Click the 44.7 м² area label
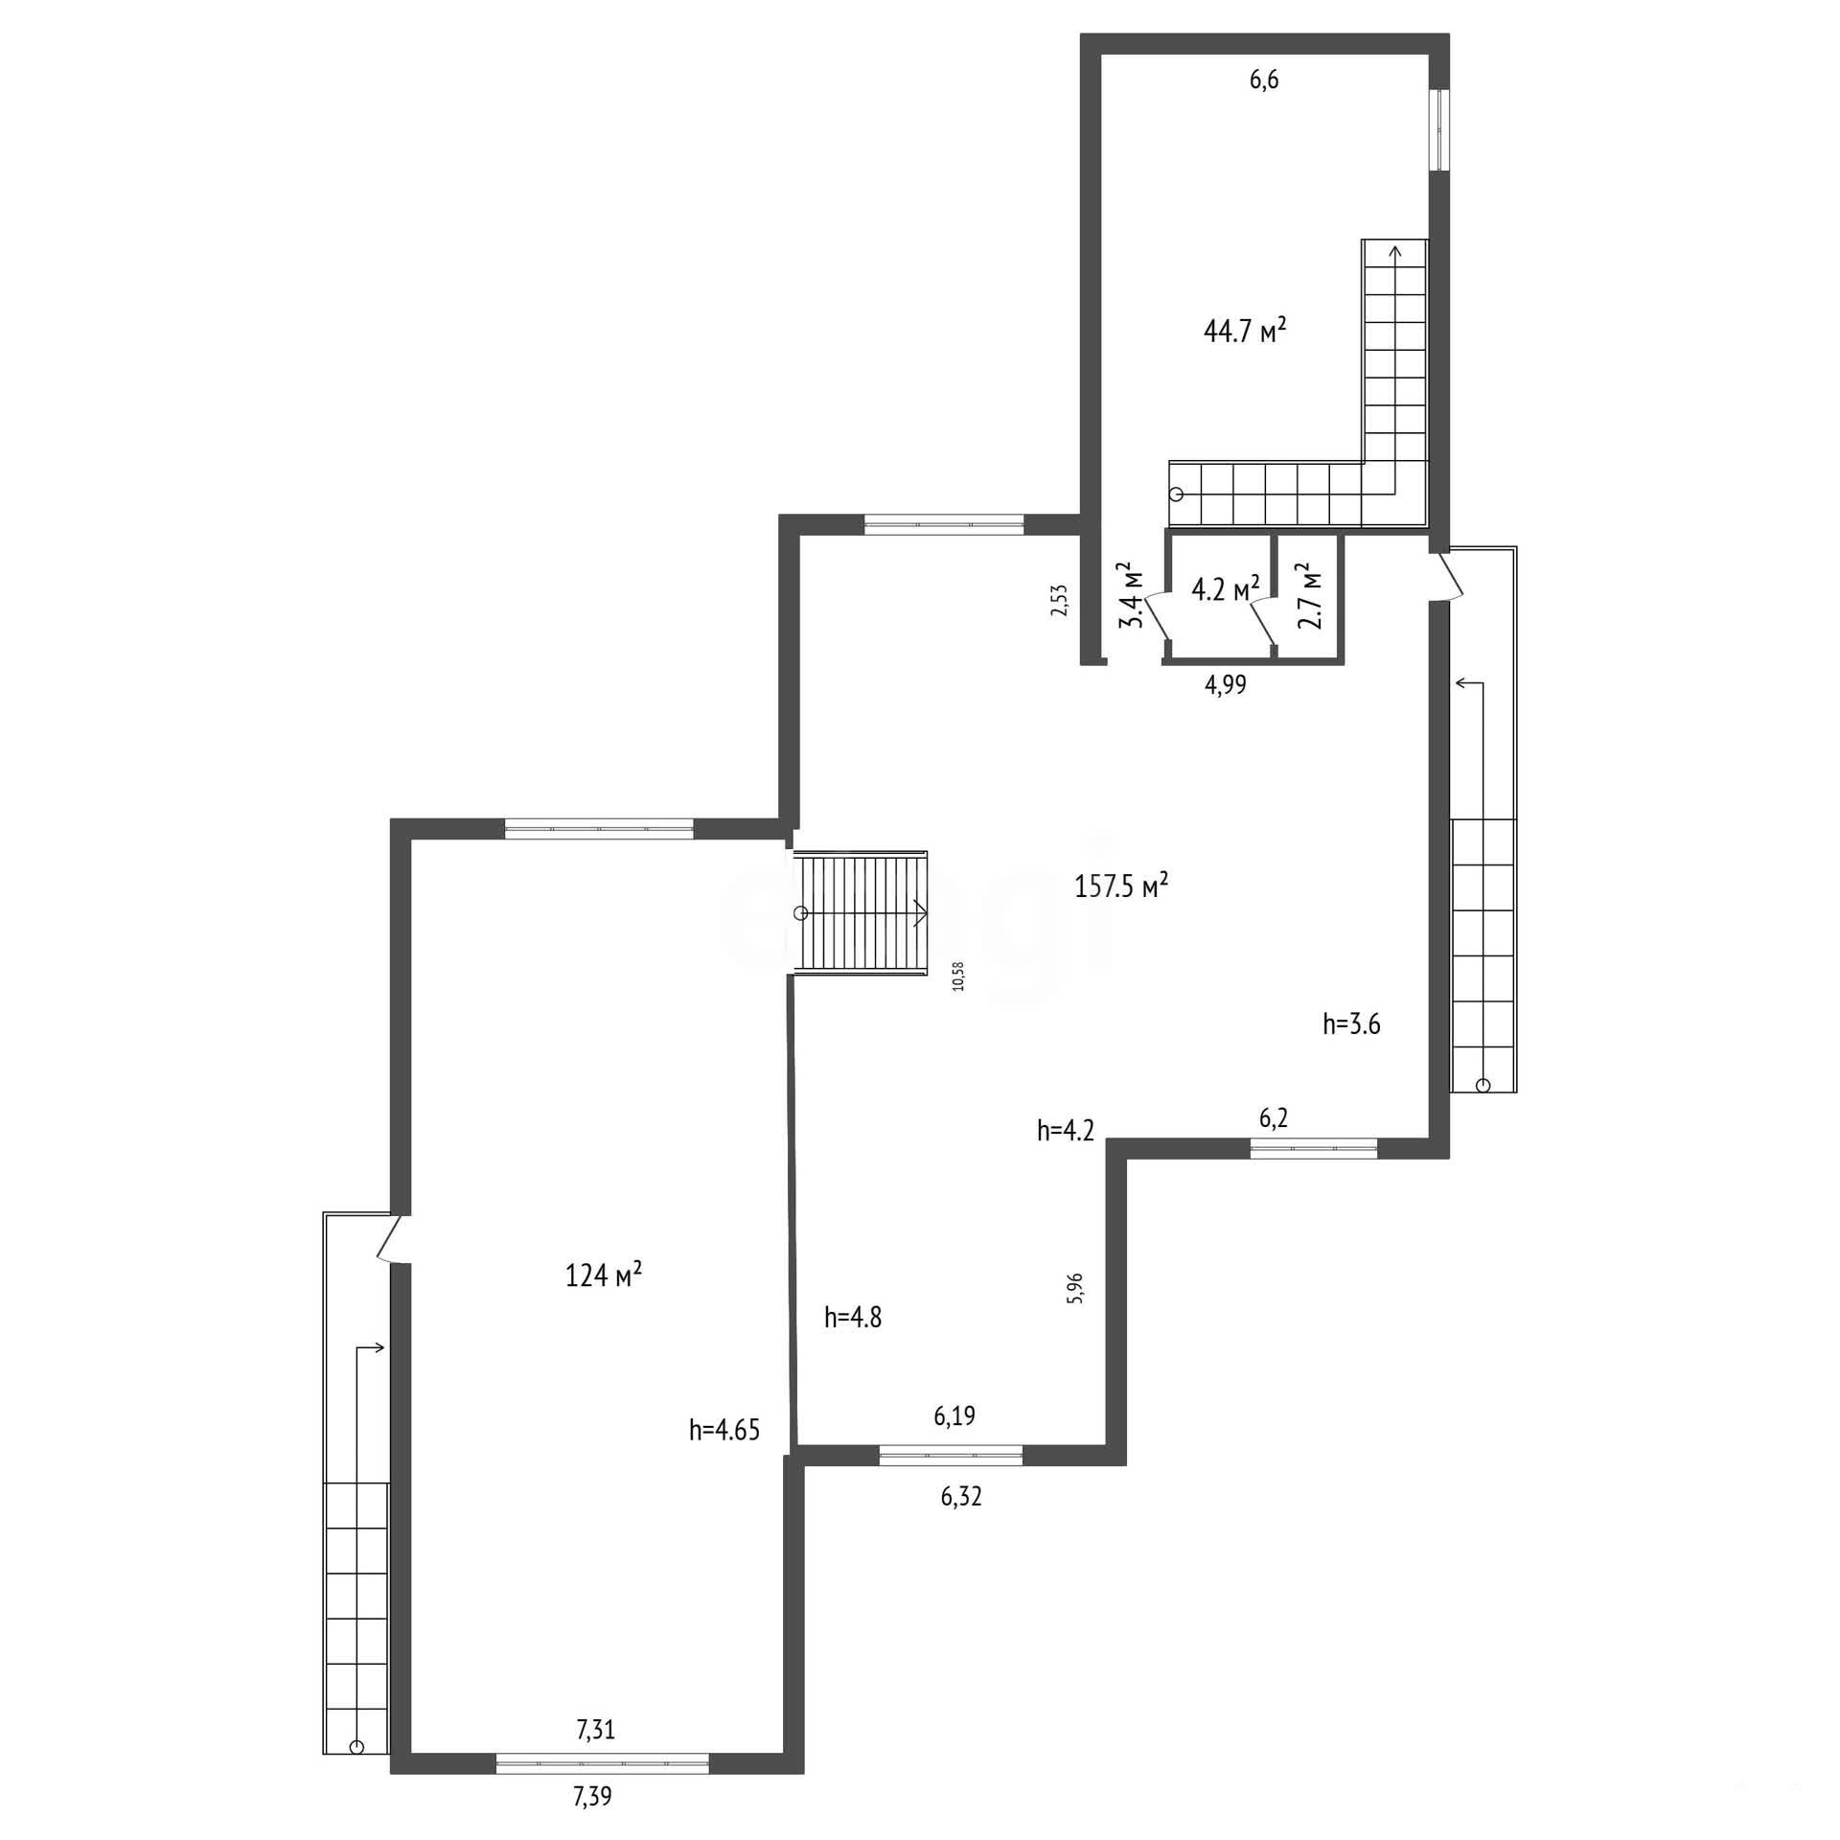click(x=1244, y=331)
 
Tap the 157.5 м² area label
click(x=1121, y=885)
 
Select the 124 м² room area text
click(x=604, y=1275)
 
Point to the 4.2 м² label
click(x=1225, y=588)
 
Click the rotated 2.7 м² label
click(x=1309, y=595)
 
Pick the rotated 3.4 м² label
click(x=1133, y=594)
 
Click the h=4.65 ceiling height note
click(x=724, y=1431)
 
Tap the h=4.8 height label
click(x=853, y=1318)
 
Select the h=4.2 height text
click(x=1066, y=1131)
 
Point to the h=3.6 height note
click(x=1351, y=1024)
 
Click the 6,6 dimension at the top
click(x=1264, y=80)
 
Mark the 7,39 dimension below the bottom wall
click(x=592, y=1796)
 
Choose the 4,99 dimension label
click(x=1226, y=684)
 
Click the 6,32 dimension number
click(x=961, y=1496)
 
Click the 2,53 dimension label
click(x=1059, y=600)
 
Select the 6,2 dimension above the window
click(x=1274, y=1118)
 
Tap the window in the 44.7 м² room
click(x=1439, y=129)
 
